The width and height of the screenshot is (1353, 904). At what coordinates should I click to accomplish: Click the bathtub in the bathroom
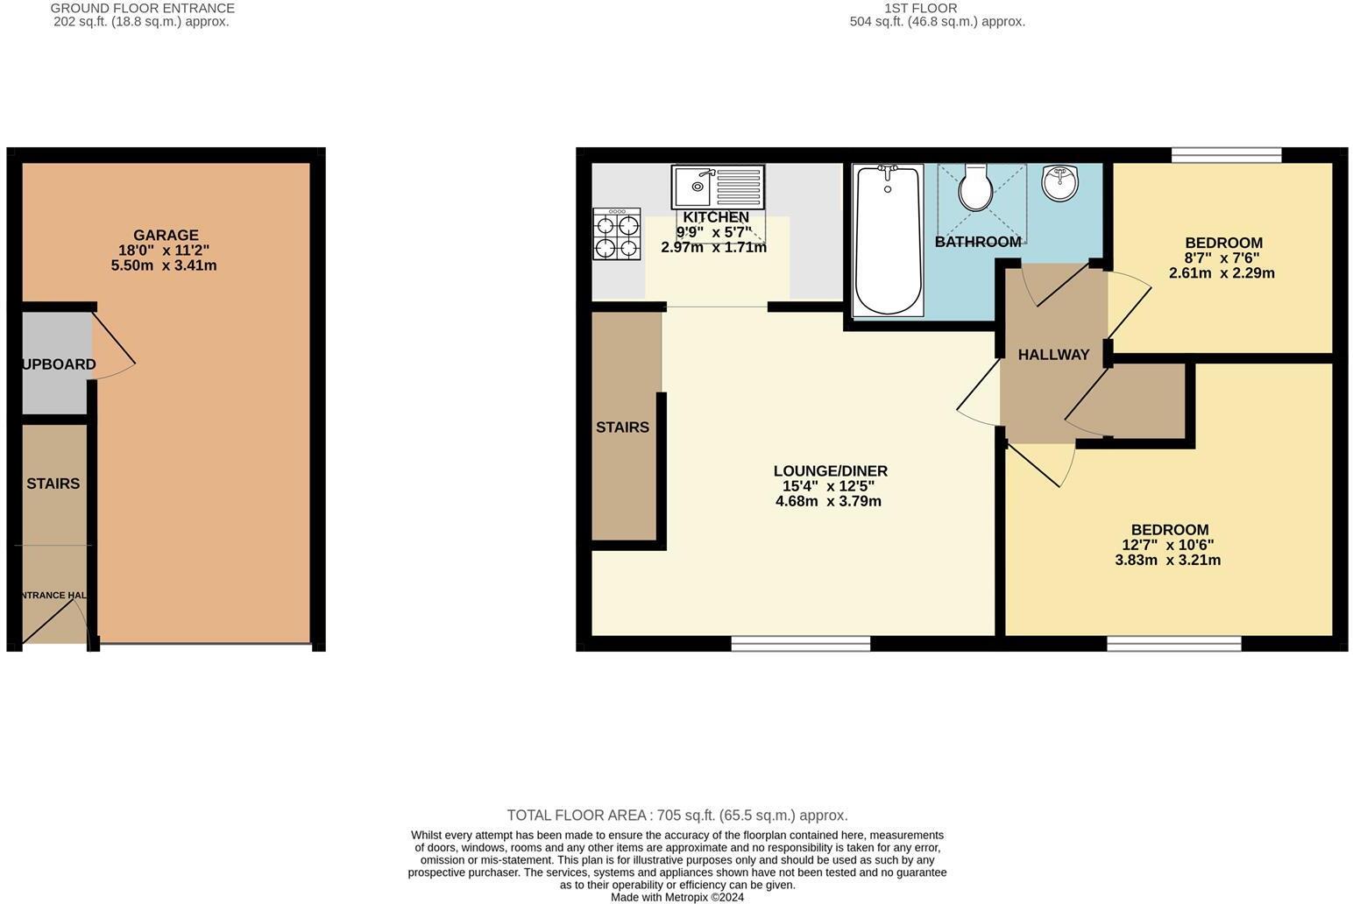pyautogui.click(x=888, y=241)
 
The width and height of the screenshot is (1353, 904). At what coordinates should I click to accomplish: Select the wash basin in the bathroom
pyautogui.click(x=1060, y=182)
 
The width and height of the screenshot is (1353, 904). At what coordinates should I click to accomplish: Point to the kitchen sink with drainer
pyautogui.click(x=718, y=187)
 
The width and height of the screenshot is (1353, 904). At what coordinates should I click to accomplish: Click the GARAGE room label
pyautogui.click(x=166, y=235)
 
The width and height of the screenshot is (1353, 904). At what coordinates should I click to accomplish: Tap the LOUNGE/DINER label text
pyautogui.click(x=830, y=471)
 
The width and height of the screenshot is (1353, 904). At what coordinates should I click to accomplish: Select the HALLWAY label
pyautogui.click(x=1053, y=355)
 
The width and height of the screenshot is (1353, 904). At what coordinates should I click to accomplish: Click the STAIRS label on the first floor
pyautogui.click(x=622, y=427)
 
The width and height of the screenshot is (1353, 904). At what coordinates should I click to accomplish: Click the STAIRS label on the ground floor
pyautogui.click(x=53, y=484)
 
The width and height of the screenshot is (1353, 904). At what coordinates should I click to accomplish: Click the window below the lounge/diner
pyautogui.click(x=801, y=644)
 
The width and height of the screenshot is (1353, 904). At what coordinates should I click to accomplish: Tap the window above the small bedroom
pyautogui.click(x=1226, y=156)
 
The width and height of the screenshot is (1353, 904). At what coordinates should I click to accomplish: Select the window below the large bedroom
pyautogui.click(x=1173, y=644)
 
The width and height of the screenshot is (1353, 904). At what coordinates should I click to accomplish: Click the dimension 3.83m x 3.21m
pyautogui.click(x=1167, y=561)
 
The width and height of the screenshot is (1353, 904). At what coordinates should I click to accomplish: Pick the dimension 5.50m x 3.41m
pyautogui.click(x=164, y=265)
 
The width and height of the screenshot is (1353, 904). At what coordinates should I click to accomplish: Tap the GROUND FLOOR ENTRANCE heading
pyautogui.click(x=143, y=8)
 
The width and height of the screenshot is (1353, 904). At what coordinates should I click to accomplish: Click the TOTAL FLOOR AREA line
pyautogui.click(x=676, y=816)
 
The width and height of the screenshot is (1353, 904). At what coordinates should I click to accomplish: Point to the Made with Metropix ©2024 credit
pyautogui.click(x=676, y=897)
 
